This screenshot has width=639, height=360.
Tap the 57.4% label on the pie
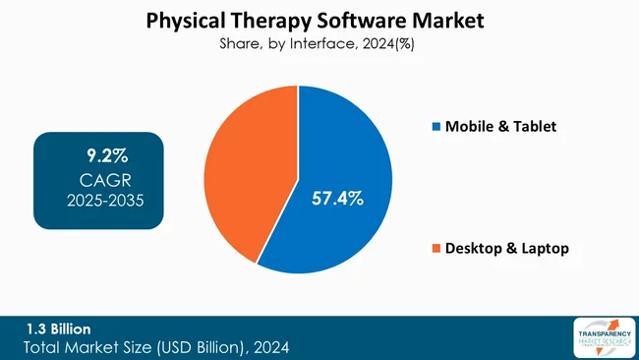click(337, 199)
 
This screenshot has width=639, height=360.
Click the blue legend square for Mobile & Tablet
click(436, 127)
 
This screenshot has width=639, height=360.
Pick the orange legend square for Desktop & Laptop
click(436, 249)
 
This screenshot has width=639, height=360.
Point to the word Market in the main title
click(448, 19)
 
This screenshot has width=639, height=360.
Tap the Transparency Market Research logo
click(600, 337)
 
